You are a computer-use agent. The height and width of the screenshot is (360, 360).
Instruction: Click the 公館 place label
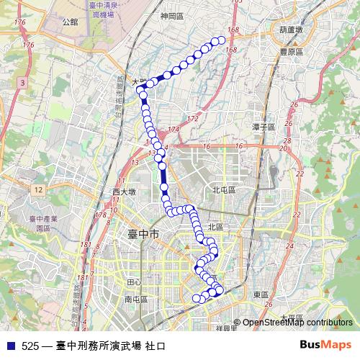point(70,22)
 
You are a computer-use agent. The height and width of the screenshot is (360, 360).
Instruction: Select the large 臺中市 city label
point(143,235)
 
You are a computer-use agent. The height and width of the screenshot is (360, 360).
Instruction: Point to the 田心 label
point(133,282)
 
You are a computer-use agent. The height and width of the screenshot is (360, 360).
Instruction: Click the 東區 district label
point(261,294)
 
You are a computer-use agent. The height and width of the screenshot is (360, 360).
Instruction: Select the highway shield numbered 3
point(23,84)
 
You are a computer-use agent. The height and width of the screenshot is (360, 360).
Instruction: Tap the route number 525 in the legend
point(30,345)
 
